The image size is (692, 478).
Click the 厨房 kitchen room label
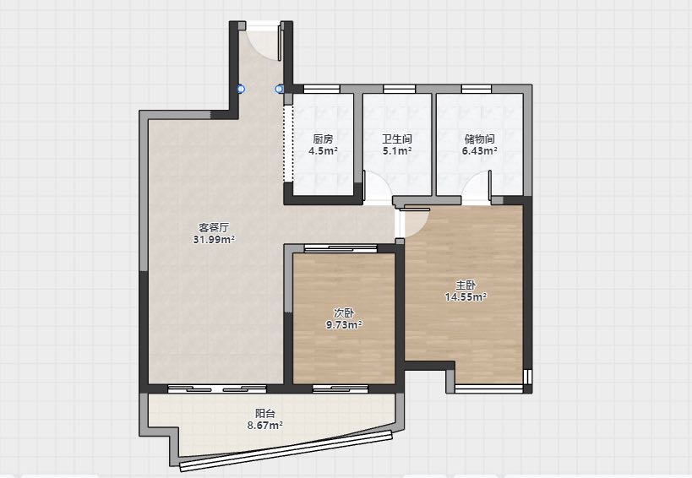click(x=323, y=139)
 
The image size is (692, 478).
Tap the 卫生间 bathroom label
click(x=397, y=139)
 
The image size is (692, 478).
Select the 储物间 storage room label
click(x=479, y=139)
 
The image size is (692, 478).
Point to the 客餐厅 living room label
click(x=214, y=227)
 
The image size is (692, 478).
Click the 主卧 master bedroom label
click(x=466, y=285)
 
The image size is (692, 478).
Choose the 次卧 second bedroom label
click(x=344, y=313)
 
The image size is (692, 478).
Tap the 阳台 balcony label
click(x=265, y=414)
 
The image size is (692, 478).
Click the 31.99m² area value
click(x=214, y=240)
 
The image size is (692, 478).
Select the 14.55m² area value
click(x=466, y=296)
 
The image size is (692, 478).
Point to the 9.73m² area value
click(x=344, y=325)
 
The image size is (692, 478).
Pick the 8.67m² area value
click(x=265, y=426)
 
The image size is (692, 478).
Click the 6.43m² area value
click(x=479, y=151)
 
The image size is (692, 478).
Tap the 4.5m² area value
click(x=323, y=151)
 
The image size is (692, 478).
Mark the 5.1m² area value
click(x=397, y=151)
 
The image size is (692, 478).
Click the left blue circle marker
click(x=241, y=89)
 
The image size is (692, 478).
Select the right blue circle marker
click(x=279, y=89)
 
